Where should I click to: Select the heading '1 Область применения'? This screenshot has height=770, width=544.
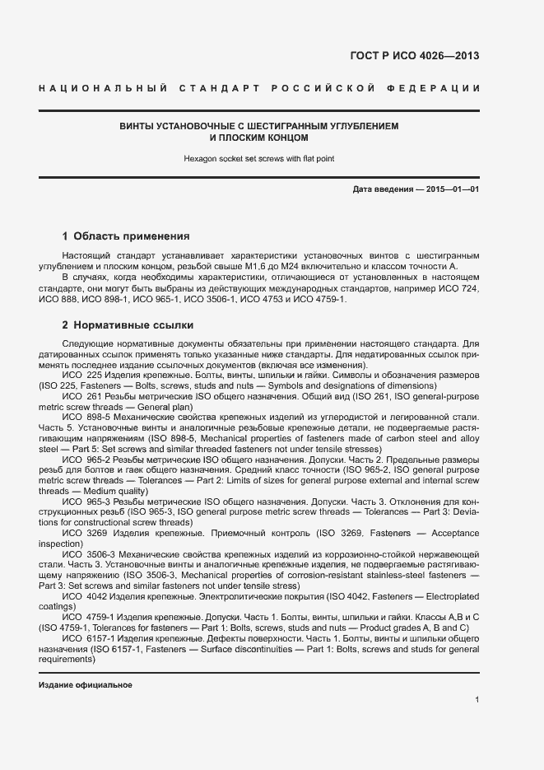[126, 235]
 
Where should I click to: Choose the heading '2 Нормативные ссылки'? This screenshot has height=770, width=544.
[128, 324]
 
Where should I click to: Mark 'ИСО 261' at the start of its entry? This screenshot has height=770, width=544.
[81, 395]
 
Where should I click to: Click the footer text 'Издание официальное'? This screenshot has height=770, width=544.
[86, 685]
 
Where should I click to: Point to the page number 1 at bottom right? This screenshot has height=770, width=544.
[477, 700]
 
